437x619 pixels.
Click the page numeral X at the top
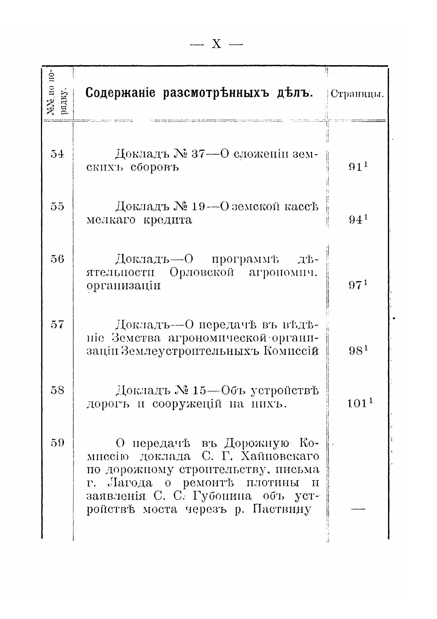click(x=216, y=44)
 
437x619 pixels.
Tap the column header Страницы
click(x=357, y=94)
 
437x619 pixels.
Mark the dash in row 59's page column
click(x=358, y=509)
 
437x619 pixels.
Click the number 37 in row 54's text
click(x=199, y=154)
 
